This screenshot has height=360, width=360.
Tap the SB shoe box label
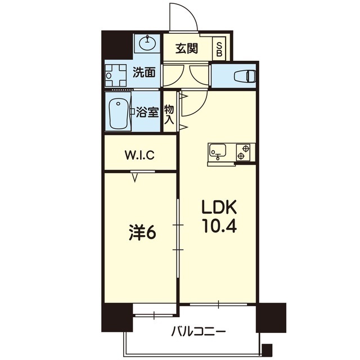point(219,48)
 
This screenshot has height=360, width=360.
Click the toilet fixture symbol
point(243,75)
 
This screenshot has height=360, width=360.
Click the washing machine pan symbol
point(119,74)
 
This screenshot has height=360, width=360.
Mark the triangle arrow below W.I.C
point(135,178)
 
